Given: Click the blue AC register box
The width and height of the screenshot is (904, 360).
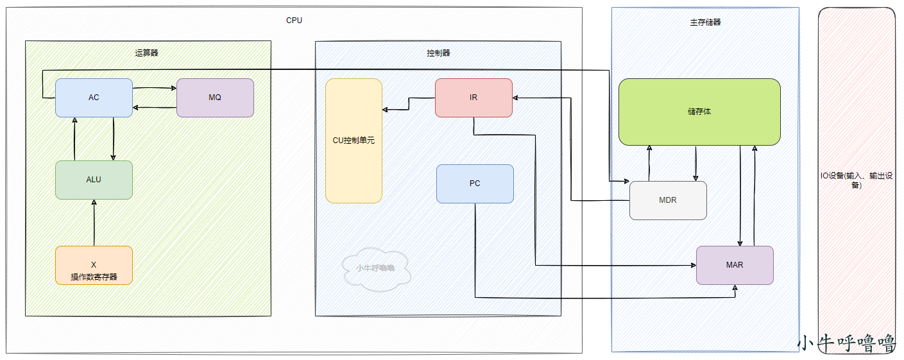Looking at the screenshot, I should tap(94, 98).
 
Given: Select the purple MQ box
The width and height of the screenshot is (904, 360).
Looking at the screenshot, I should tap(215, 98).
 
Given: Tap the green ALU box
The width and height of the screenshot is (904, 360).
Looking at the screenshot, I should tap(94, 180).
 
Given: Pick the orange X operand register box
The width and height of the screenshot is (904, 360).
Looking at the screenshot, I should tap(94, 265).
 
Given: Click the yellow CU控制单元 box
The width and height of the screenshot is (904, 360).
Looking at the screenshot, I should tap(354, 141).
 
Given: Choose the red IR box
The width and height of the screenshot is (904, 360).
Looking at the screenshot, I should tap(473, 98).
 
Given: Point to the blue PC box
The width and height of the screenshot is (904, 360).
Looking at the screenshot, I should tap(475, 184).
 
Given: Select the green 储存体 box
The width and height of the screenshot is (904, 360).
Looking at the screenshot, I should tap(699, 112).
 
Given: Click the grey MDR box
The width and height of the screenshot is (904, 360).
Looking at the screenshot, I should tap(668, 200).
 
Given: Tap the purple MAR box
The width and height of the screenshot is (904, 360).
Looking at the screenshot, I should tap(735, 265).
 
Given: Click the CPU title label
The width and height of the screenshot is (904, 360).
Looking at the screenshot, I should tap(294, 21).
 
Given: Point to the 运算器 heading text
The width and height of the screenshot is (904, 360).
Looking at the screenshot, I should tap(147, 53).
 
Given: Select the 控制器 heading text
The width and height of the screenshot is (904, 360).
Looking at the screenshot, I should tap(438, 53).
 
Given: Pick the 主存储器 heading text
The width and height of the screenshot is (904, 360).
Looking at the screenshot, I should tap(705, 22).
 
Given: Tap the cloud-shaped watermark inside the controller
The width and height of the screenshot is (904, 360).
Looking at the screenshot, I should tap(375, 269).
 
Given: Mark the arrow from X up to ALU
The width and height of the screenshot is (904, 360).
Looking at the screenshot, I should tap(94, 223).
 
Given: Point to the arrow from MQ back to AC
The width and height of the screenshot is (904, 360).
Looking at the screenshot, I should tap(155, 108).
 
